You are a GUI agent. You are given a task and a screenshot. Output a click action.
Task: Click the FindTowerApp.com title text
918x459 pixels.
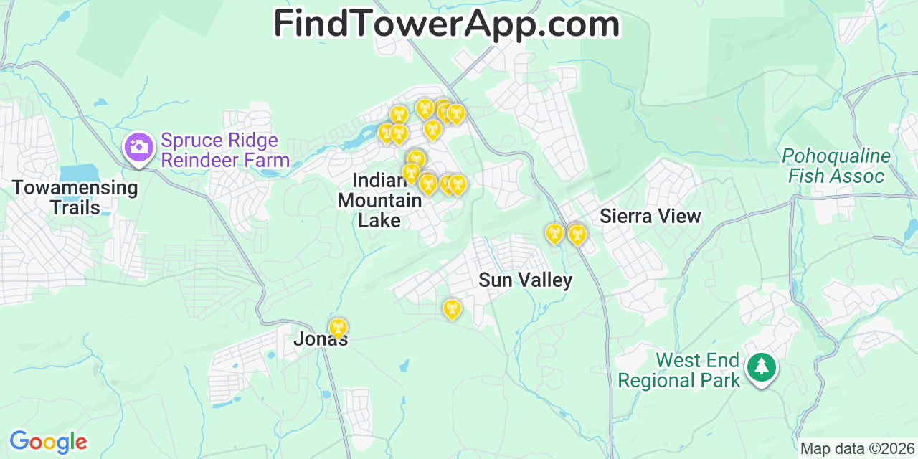446,24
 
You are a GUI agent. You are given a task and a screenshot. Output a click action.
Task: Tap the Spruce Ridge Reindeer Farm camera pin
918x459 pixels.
138,148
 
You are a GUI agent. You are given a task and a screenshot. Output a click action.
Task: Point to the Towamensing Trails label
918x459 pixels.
75,198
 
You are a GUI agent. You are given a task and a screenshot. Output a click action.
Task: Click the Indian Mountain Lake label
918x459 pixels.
379,200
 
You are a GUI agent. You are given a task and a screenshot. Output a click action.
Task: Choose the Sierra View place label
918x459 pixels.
650,216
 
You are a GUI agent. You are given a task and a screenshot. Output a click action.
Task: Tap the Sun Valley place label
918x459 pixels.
525,280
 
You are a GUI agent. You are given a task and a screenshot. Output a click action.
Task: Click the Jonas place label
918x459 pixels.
321,339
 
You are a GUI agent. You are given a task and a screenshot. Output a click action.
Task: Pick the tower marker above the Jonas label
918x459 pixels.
337,328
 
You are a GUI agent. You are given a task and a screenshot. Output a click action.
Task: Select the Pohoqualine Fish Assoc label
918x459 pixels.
836,166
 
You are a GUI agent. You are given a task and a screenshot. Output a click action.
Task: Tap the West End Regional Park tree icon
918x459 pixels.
761,366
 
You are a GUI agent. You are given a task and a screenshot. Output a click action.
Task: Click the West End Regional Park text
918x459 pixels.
678,370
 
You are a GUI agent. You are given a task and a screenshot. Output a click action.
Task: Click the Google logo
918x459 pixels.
47,442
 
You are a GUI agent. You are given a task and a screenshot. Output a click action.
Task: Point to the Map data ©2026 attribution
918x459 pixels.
858,449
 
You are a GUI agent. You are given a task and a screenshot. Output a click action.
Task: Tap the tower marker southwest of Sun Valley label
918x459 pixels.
451,308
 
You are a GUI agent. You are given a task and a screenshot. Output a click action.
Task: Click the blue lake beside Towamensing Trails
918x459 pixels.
79,173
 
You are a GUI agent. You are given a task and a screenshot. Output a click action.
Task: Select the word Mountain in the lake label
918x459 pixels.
379,200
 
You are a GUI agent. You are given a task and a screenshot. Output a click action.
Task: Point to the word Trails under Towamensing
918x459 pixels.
75,208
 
